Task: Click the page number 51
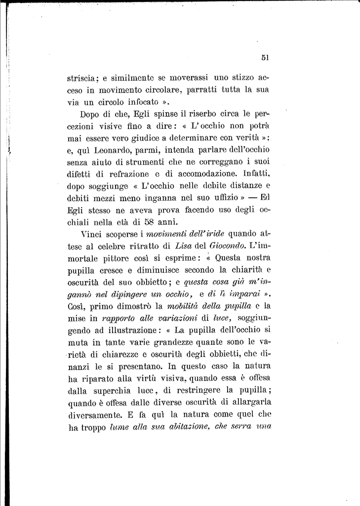point(265,57)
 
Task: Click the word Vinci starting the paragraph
point(91,234)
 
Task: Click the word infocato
point(141,103)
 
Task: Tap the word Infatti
point(256,174)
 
